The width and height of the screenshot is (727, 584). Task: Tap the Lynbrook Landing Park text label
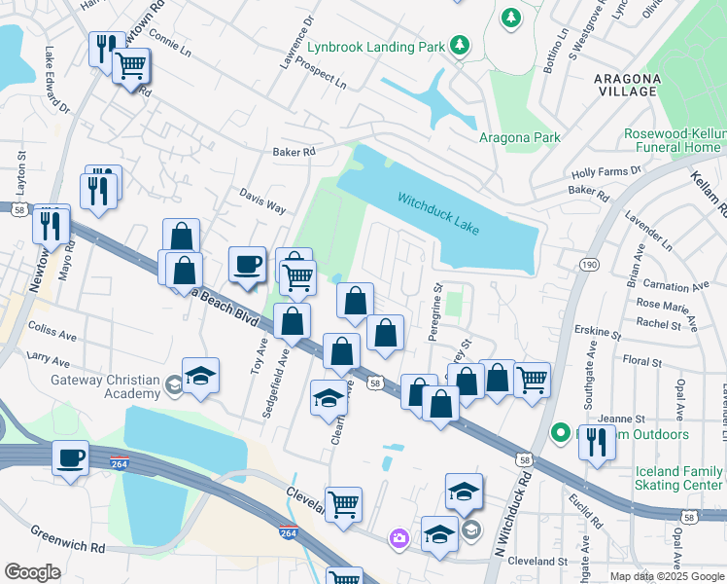click(x=375, y=47)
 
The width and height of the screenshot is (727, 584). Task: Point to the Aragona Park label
click(x=519, y=137)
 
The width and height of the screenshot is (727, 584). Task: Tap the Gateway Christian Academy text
click(x=105, y=386)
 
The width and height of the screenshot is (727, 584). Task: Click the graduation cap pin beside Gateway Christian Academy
click(x=200, y=377)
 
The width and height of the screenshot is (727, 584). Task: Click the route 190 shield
click(x=589, y=264)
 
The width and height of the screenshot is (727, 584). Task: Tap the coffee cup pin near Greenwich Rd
click(x=71, y=457)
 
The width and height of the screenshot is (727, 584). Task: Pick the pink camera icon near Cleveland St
click(x=398, y=537)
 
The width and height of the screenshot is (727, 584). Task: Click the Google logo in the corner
click(x=32, y=572)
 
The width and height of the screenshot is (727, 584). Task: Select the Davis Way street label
click(x=262, y=202)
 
